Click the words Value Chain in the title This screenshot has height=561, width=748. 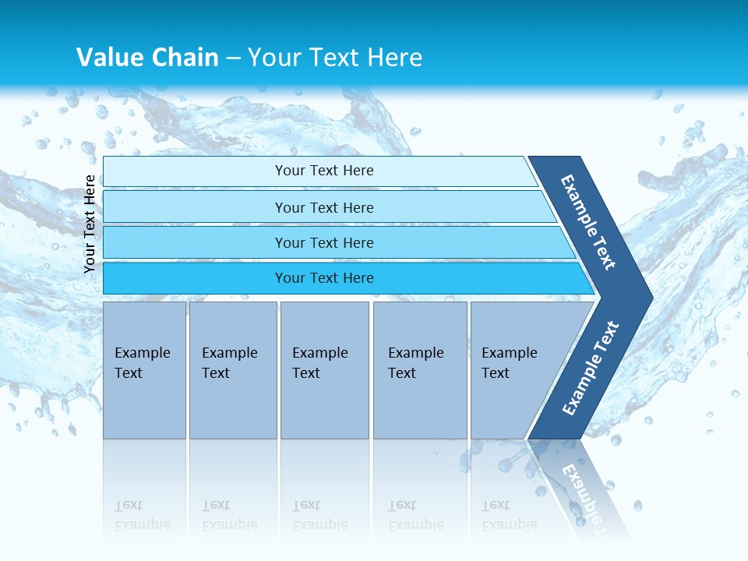(x=147, y=57)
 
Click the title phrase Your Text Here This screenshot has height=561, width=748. (x=335, y=57)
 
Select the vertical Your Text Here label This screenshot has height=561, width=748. (x=90, y=224)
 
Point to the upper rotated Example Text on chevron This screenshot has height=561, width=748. (x=588, y=222)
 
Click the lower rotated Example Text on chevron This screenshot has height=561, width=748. (x=591, y=368)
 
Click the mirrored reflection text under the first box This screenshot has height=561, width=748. (x=143, y=515)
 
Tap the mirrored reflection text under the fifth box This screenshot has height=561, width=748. (x=509, y=515)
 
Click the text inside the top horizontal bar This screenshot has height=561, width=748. (x=324, y=171)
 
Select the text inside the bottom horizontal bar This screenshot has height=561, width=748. (x=324, y=278)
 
